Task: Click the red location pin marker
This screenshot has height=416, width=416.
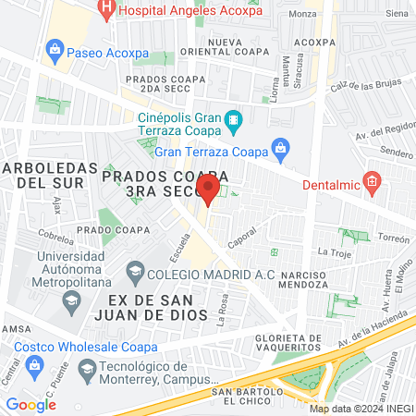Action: [209, 190]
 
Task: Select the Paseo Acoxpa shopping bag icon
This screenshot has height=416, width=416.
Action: [55, 49]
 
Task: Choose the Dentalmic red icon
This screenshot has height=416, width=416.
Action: [372, 181]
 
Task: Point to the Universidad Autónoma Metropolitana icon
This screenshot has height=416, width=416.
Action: [70, 300]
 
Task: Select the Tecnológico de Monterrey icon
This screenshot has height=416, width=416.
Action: [87, 372]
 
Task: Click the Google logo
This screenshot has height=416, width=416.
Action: [31, 404]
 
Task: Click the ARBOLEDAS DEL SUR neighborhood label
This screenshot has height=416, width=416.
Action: [49, 176]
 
